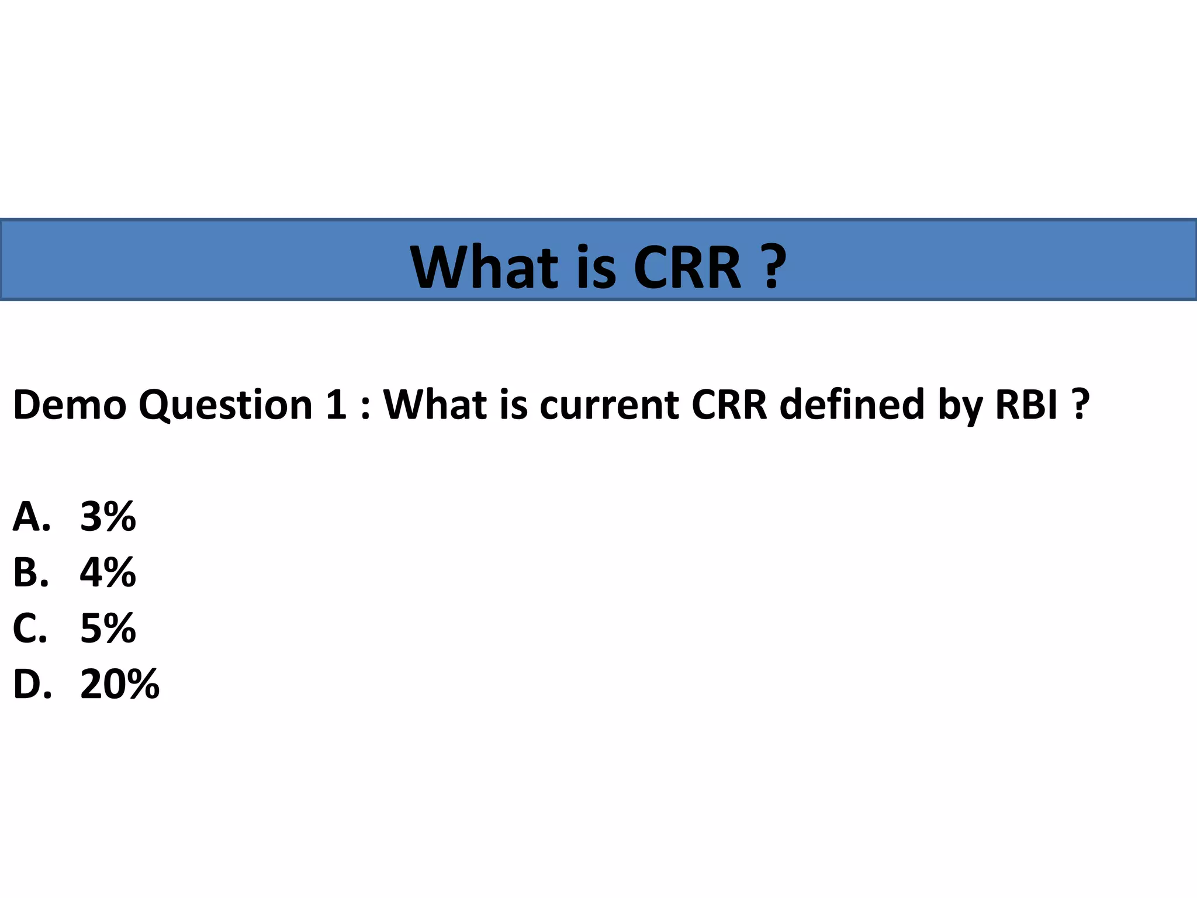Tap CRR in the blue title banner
point(687,268)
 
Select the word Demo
point(70,405)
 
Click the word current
point(608,405)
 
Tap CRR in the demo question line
point(729,405)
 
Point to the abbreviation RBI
point(1026,405)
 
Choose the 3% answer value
point(108,517)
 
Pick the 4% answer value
point(108,572)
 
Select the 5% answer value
point(108,628)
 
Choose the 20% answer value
point(120,684)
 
